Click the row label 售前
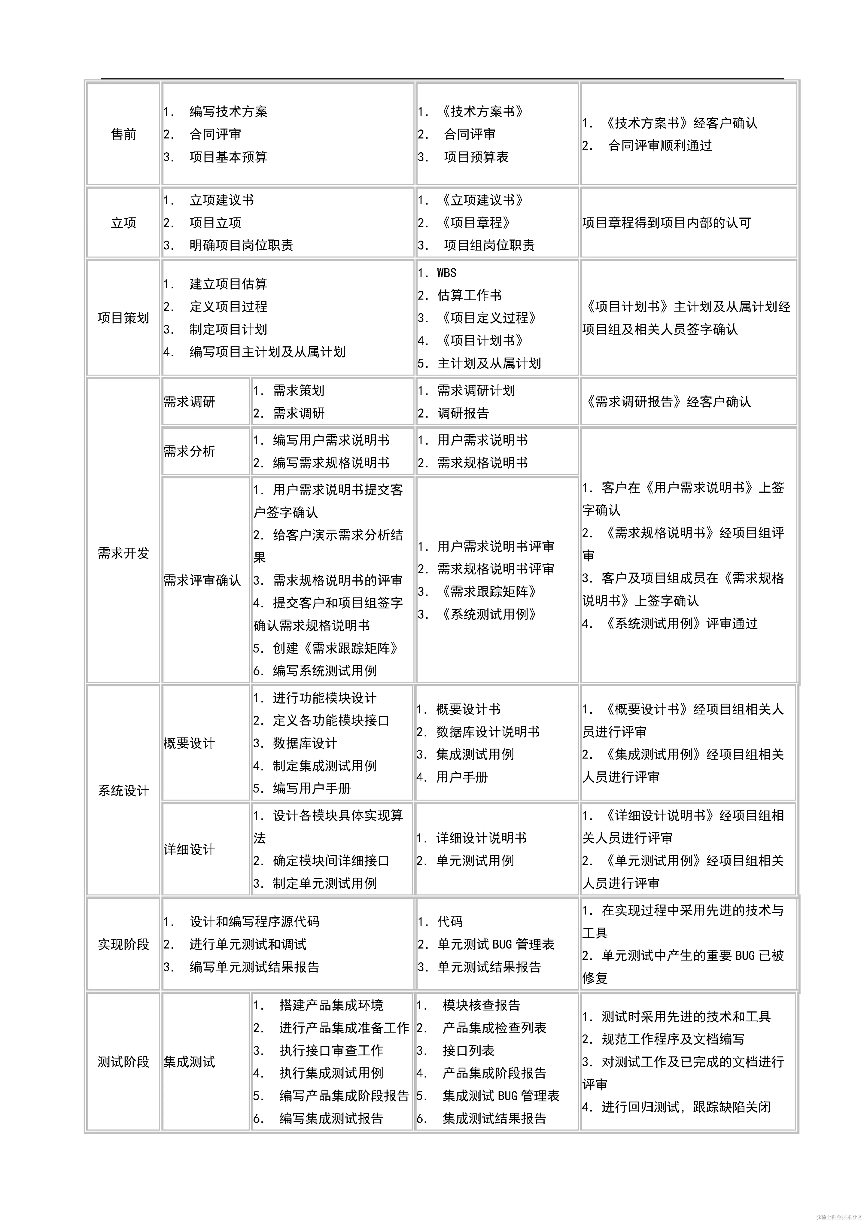[123, 134]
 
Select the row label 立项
[123, 222]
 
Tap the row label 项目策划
[123, 318]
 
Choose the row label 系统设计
[123, 790]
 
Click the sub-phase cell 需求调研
[189, 402]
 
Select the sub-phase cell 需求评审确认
[202, 580]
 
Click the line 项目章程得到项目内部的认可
[666, 222]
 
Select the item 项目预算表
[476, 157]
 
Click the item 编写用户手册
[312, 788]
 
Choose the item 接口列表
[468, 1050]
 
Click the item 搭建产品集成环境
[331, 1005]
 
